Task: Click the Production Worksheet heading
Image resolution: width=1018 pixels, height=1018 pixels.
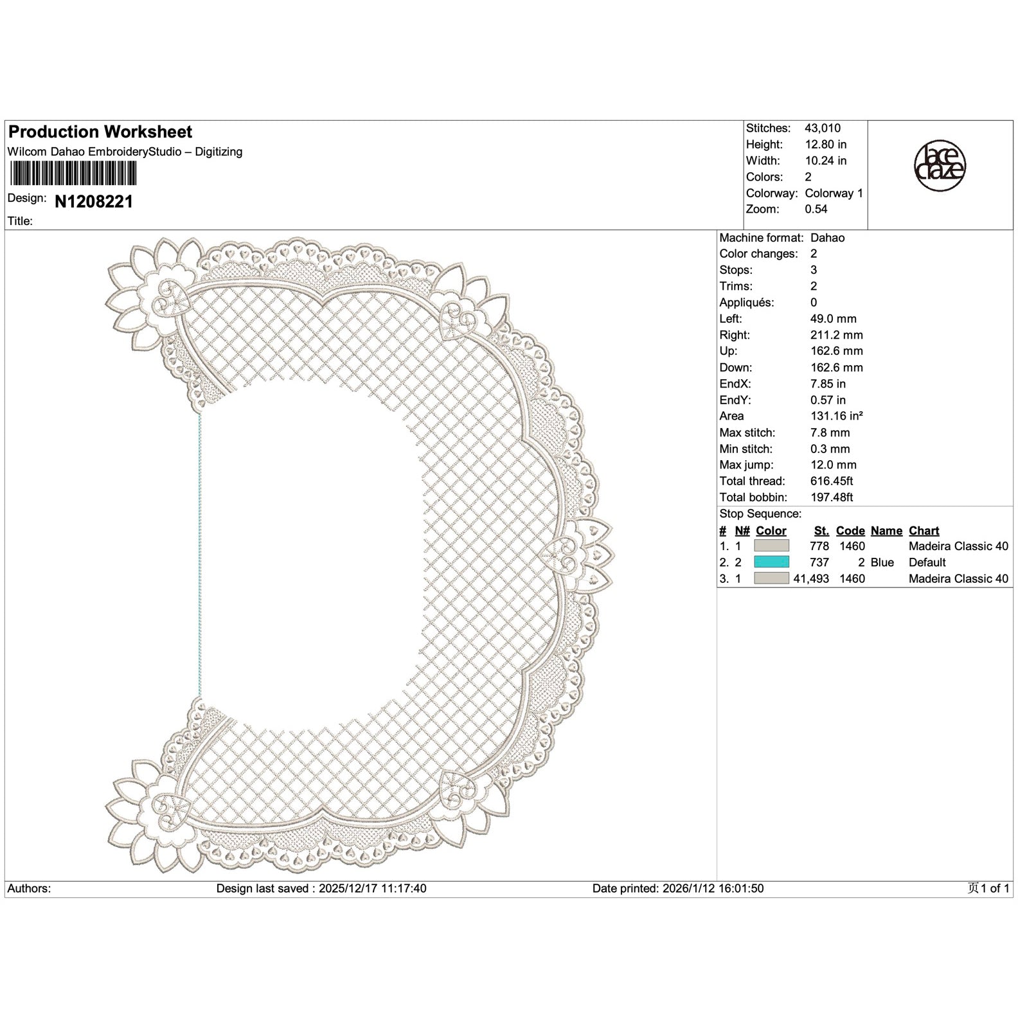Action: click(x=100, y=132)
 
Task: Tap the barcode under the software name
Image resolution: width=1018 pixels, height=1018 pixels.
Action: click(x=72, y=174)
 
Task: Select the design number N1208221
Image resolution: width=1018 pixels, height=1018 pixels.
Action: click(x=94, y=202)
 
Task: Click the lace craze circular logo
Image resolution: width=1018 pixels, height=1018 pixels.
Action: click(x=940, y=166)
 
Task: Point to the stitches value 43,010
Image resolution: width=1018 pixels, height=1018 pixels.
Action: click(x=822, y=129)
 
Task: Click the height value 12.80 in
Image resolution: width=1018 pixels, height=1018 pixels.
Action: click(x=825, y=145)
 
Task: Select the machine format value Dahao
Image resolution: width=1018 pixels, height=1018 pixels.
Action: click(x=827, y=238)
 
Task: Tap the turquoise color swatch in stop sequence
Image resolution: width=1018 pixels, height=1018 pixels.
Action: click(x=771, y=562)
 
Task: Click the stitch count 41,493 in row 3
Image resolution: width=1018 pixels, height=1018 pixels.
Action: click(x=811, y=578)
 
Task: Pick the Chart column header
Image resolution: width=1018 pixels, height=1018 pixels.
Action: click(x=924, y=531)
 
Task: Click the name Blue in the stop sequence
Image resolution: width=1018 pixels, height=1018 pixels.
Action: click(x=882, y=562)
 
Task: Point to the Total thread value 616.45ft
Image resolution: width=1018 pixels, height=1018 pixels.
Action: click(x=832, y=481)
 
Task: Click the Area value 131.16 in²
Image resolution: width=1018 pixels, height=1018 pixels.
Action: click(x=836, y=416)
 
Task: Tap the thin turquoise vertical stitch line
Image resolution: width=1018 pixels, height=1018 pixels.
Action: click(x=200, y=553)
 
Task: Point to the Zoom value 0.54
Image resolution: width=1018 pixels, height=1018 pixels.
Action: click(x=816, y=209)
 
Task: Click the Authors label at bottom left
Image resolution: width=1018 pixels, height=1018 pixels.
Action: click(x=29, y=889)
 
